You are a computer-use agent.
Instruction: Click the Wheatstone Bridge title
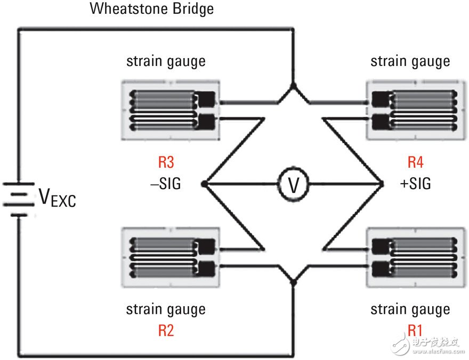click(x=152, y=9)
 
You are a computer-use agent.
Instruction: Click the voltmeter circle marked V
click(x=294, y=184)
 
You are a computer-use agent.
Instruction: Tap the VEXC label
click(x=57, y=198)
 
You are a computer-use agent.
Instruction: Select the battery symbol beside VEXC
click(x=19, y=199)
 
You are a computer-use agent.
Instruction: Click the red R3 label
click(x=166, y=162)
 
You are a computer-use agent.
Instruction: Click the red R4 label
click(x=416, y=162)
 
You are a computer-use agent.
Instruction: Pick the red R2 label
click(x=166, y=330)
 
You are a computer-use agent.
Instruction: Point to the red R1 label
click(x=415, y=330)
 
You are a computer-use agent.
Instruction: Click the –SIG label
click(x=166, y=183)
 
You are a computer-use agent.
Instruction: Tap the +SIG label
click(x=416, y=183)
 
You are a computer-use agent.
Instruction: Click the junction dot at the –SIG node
click(x=204, y=184)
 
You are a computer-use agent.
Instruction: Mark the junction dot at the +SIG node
click(x=382, y=184)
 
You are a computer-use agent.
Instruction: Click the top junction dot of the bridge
click(x=294, y=86)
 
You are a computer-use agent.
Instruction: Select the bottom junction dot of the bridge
click(x=294, y=282)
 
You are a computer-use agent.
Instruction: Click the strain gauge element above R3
click(x=171, y=110)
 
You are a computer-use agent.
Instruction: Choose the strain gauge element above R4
click(x=416, y=110)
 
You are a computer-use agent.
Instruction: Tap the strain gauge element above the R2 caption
click(x=171, y=258)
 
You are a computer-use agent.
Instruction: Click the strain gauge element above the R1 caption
click(x=416, y=258)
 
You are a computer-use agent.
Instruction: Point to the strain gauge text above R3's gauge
click(x=166, y=62)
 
